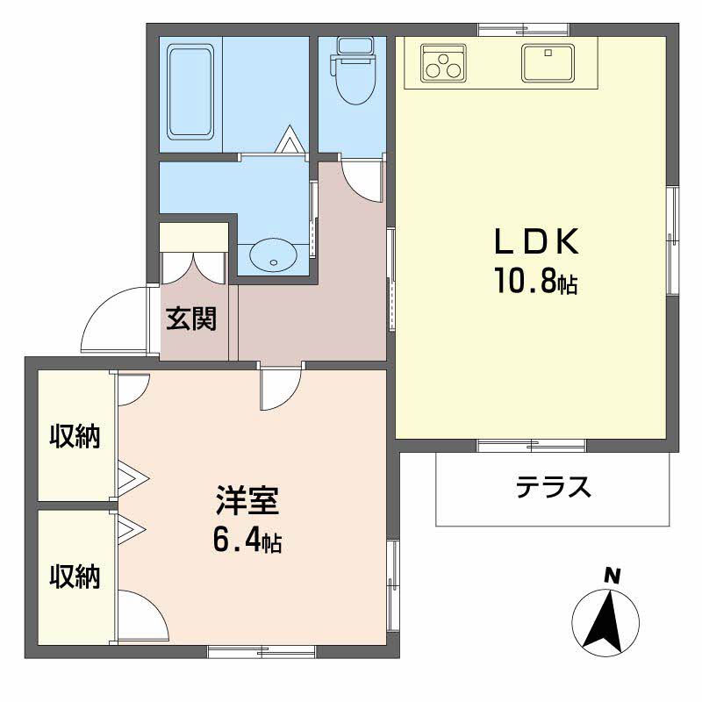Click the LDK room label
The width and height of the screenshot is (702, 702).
pos(536,241)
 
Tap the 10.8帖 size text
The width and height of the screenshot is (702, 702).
pos(536,281)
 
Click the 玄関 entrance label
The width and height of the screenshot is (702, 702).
pos(191,319)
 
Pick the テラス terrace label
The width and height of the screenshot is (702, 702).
pos(554,487)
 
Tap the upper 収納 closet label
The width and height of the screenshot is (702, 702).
pos(75,435)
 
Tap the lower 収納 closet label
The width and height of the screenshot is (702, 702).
pos(75,577)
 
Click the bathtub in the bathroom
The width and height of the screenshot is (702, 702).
pos(190,92)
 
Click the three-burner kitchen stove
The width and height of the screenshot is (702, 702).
pos(443,63)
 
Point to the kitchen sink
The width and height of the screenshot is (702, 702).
pos(548,63)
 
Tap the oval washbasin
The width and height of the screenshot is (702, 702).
pos(273,257)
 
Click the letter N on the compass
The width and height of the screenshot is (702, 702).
pos(612,576)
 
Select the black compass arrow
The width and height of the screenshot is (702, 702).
pos(604,623)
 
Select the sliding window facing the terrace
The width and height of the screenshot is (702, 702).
pos(531,446)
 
